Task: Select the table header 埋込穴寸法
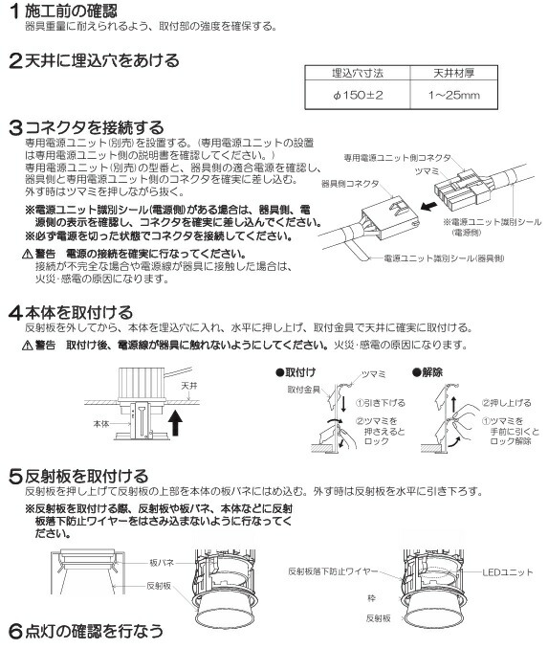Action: click(350, 74)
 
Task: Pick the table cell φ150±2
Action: click(350, 95)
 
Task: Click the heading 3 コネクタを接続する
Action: click(86, 126)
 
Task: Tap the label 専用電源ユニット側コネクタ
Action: click(392, 156)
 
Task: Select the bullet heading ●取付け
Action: click(296, 369)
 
